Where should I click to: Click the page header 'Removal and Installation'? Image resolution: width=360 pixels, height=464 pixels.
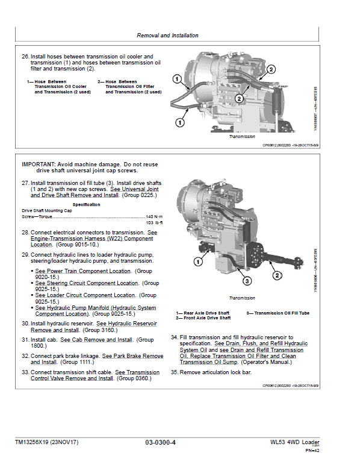[x=167, y=36]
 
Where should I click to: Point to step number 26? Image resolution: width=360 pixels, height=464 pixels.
[x=25, y=57]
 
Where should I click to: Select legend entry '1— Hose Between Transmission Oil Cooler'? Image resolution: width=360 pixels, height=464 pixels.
[x=51, y=87]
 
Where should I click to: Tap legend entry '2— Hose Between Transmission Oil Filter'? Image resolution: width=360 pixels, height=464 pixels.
[x=129, y=87]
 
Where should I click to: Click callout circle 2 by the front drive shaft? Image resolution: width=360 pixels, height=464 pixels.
[x=278, y=276]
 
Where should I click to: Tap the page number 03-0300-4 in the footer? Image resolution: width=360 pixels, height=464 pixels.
[x=160, y=443]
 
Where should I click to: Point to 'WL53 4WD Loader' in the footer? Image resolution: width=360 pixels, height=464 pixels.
[x=295, y=443]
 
